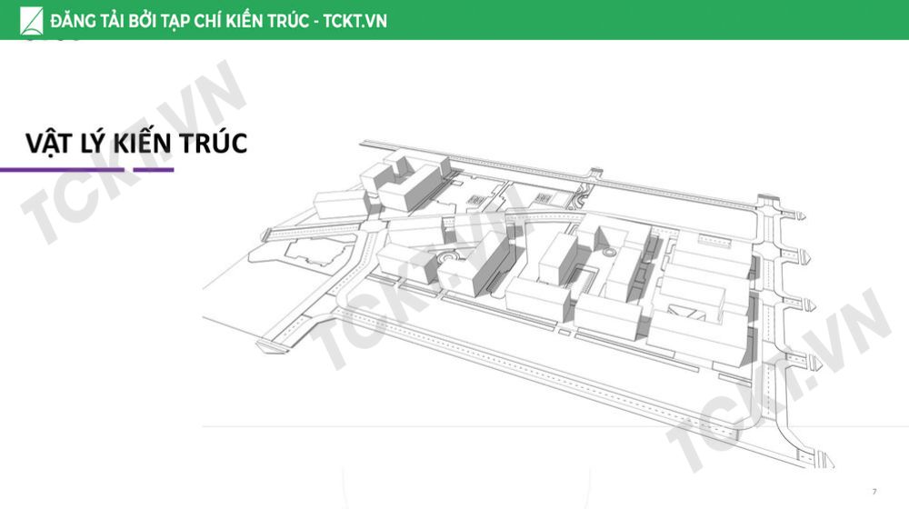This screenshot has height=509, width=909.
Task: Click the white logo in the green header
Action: coord(31,21)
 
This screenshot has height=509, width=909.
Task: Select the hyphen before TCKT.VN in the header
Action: coord(315,22)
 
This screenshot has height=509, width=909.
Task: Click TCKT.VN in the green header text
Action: coord(355,21)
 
